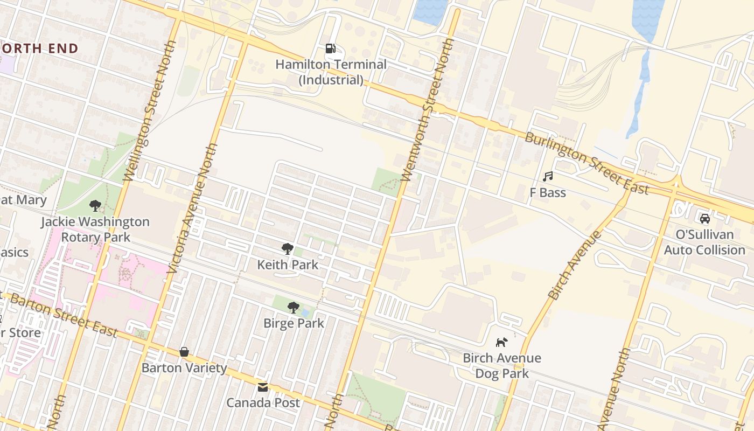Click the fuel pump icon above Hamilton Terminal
[x=330, y=48]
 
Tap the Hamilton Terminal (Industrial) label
[x=331, y=72]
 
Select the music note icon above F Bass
[x=548, y=176]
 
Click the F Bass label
[x=548, y=192]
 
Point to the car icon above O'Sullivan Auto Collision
[x=704, y=218]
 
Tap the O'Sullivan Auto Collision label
[x=704, y=242]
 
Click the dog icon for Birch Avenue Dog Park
[x=501, y=342]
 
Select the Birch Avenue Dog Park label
[x=501, y=365]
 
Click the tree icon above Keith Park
[x=288, y=248]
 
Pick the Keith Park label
[x=288, y=265]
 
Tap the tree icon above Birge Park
[x=294, y=307]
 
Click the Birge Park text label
[x=294, y=323]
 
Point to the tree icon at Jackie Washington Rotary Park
[x=95, y=205]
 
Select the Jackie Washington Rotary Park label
[x=95, y=229]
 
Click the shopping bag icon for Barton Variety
[x=184, y=352]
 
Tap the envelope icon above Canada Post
[x=263, y=387]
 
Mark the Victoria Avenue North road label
[x=192, y=207]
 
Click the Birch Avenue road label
[x=574, y=265]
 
